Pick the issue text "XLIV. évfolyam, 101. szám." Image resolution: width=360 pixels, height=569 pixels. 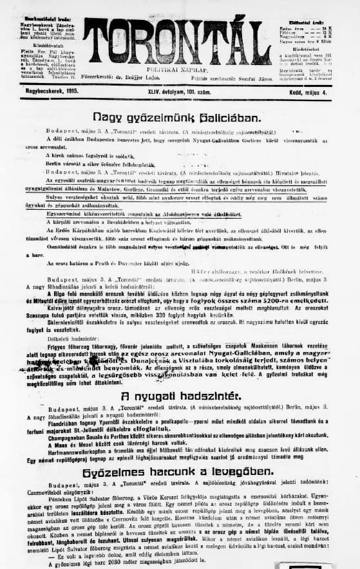point(174,93)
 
